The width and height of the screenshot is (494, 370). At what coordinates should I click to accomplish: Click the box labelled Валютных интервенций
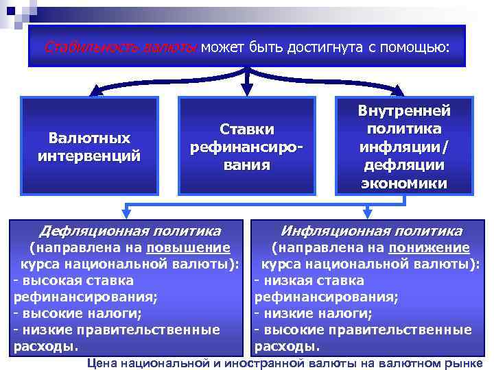click(x=89, y=146)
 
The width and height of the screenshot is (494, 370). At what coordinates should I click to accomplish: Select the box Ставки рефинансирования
click(x=247, y=146)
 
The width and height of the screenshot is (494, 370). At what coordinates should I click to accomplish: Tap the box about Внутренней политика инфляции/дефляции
click(x=404, y=146)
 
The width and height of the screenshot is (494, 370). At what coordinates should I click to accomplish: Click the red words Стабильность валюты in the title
click(x=120, y=47)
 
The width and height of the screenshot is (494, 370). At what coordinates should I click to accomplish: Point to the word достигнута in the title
click(x=325, y=47)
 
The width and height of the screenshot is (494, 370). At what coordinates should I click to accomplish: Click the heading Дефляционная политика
click(x=130, y=231)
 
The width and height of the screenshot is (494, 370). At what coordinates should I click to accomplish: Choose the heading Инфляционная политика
click(x=371, y=231)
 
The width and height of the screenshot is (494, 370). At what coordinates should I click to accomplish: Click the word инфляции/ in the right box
click(x=404, y=147)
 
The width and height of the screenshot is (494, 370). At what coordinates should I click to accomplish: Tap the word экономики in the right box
click(x=404, y=184)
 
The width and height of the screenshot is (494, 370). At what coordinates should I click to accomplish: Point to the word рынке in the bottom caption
click(x=466, y=362)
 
